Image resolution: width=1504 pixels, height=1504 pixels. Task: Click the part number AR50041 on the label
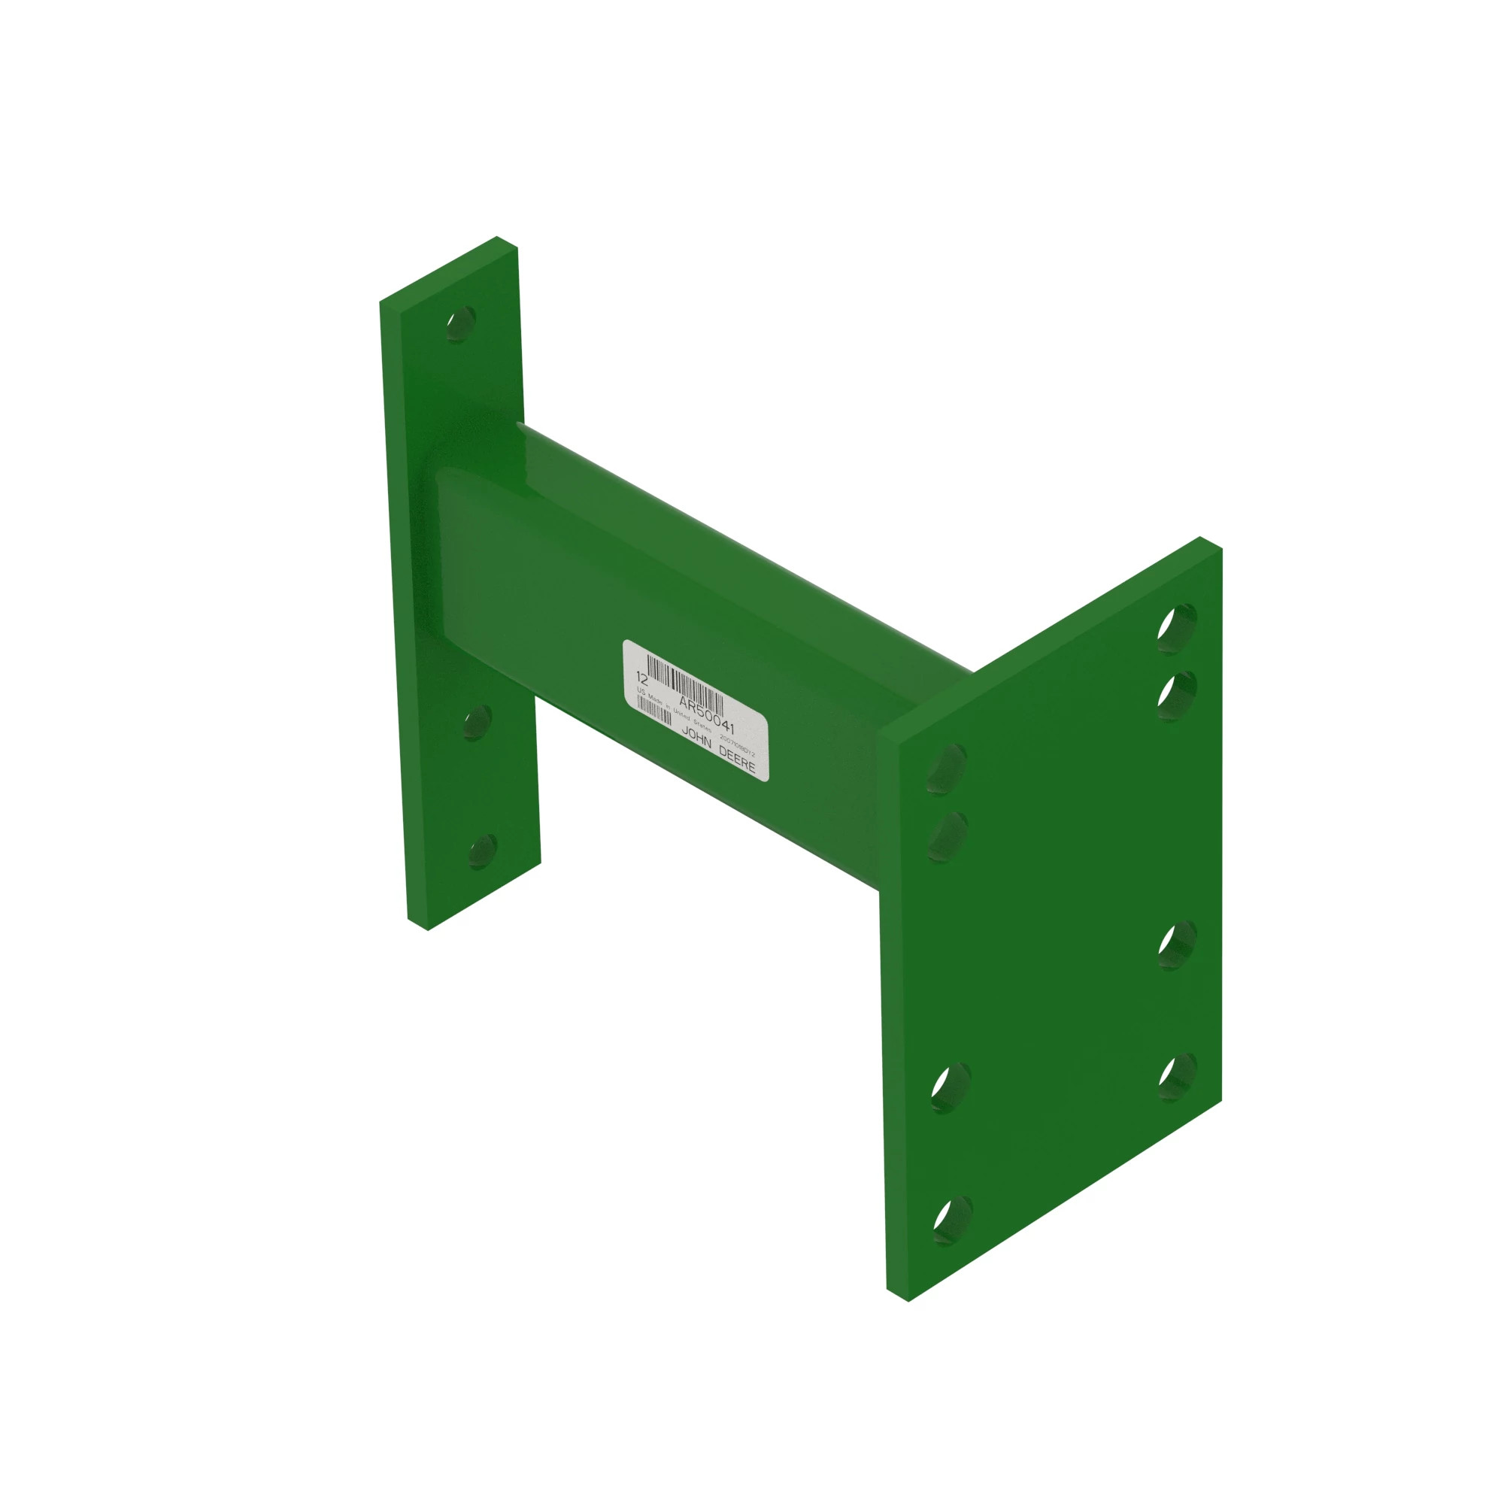pos(706,714)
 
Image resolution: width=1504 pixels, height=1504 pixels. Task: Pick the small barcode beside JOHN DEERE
pos(655,710)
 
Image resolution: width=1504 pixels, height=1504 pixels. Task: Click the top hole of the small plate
pos(461,323)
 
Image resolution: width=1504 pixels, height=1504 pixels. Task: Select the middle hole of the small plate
pos(477,723)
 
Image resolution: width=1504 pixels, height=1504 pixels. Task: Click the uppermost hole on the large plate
pos(1176,627)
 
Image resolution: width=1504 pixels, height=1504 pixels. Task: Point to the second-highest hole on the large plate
pos(1176,695)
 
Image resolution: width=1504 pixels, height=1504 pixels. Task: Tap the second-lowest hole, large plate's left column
pos(951,1087)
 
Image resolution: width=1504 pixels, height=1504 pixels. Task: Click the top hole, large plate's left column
pos(947,769)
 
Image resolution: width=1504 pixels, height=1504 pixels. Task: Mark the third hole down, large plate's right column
pos(1177,945)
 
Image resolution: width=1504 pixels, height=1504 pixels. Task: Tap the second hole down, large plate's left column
pos(948,837)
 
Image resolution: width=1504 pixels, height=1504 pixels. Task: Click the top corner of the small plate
pos(496,238)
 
